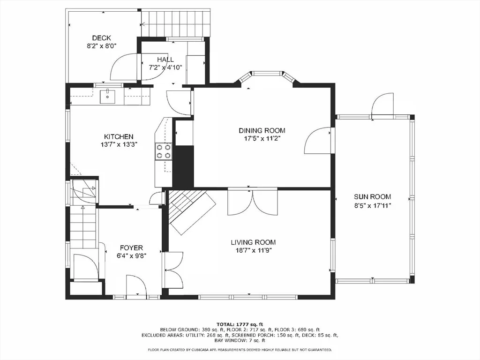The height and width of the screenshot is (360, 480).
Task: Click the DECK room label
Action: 102,38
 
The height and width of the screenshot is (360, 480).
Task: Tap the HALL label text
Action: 165,60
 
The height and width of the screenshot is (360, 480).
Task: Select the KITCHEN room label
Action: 119,136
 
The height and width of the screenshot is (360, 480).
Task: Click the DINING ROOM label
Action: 262,130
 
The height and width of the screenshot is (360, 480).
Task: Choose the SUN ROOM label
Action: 373,197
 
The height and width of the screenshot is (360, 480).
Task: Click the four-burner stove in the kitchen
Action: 164,151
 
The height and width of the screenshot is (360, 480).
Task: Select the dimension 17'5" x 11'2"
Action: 262,139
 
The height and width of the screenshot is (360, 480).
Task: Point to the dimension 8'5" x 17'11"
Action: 373,205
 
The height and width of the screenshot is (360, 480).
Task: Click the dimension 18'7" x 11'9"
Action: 253,250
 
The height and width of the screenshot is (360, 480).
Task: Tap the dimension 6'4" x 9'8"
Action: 131,255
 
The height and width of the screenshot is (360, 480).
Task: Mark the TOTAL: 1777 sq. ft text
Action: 240,324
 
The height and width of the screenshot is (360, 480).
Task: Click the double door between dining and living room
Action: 253,202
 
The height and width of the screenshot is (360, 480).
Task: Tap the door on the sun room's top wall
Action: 382,106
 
